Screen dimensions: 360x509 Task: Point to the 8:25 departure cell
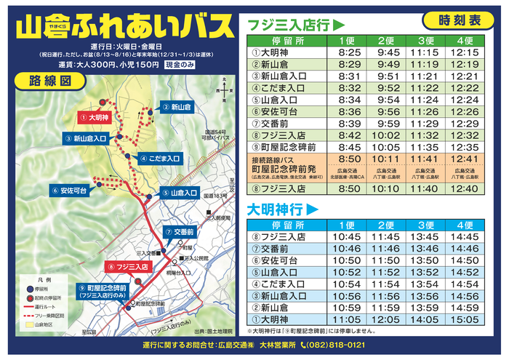click(350, 52)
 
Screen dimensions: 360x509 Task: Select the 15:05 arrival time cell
click(464, 319)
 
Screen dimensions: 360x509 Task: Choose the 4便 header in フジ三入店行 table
click(464, 40)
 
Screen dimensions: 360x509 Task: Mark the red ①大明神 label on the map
click(95, 116)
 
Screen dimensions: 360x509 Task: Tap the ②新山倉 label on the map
click(177, 106)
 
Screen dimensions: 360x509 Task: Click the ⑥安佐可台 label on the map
click(70, 191)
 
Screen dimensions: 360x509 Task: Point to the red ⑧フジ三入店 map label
click(129, 267)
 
